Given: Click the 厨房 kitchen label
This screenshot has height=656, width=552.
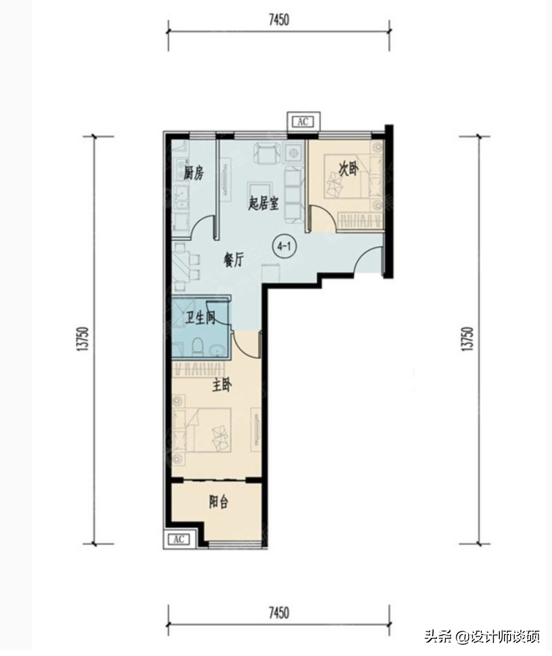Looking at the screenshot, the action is coord(194,173).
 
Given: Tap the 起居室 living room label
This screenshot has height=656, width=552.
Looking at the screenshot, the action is coord(263,204).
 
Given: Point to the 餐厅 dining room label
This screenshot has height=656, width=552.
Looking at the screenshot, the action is coord(234,260).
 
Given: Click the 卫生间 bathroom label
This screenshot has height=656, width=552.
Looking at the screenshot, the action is coord(200,318).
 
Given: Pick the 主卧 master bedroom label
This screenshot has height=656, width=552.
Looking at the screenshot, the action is coord(222,386).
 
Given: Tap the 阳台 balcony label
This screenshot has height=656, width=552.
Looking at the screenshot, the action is coord(218,502).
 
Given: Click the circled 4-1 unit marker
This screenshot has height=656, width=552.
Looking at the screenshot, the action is coord(284,247).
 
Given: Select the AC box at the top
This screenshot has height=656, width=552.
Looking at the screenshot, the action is coord(303,122).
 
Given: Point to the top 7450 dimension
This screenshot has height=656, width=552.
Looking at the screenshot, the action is coord(279,20).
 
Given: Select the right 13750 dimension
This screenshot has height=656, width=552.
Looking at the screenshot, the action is coord(468,339).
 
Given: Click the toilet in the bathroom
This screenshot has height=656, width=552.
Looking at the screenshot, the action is coord(198,346).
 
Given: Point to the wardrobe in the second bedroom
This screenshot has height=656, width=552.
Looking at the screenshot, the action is coord(360,221).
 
